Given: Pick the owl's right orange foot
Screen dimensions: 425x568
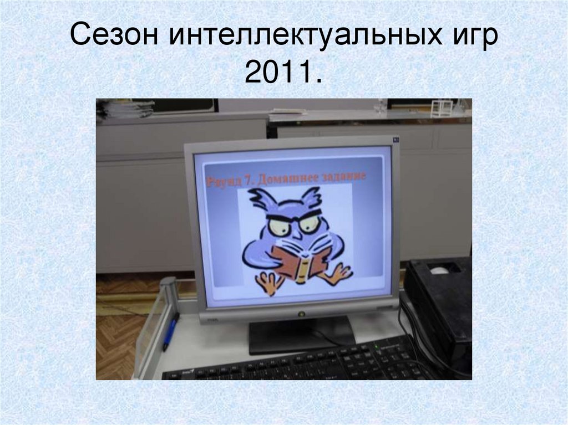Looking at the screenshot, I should pos(337,272).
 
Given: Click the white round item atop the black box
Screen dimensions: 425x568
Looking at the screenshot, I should pos(440,270).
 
